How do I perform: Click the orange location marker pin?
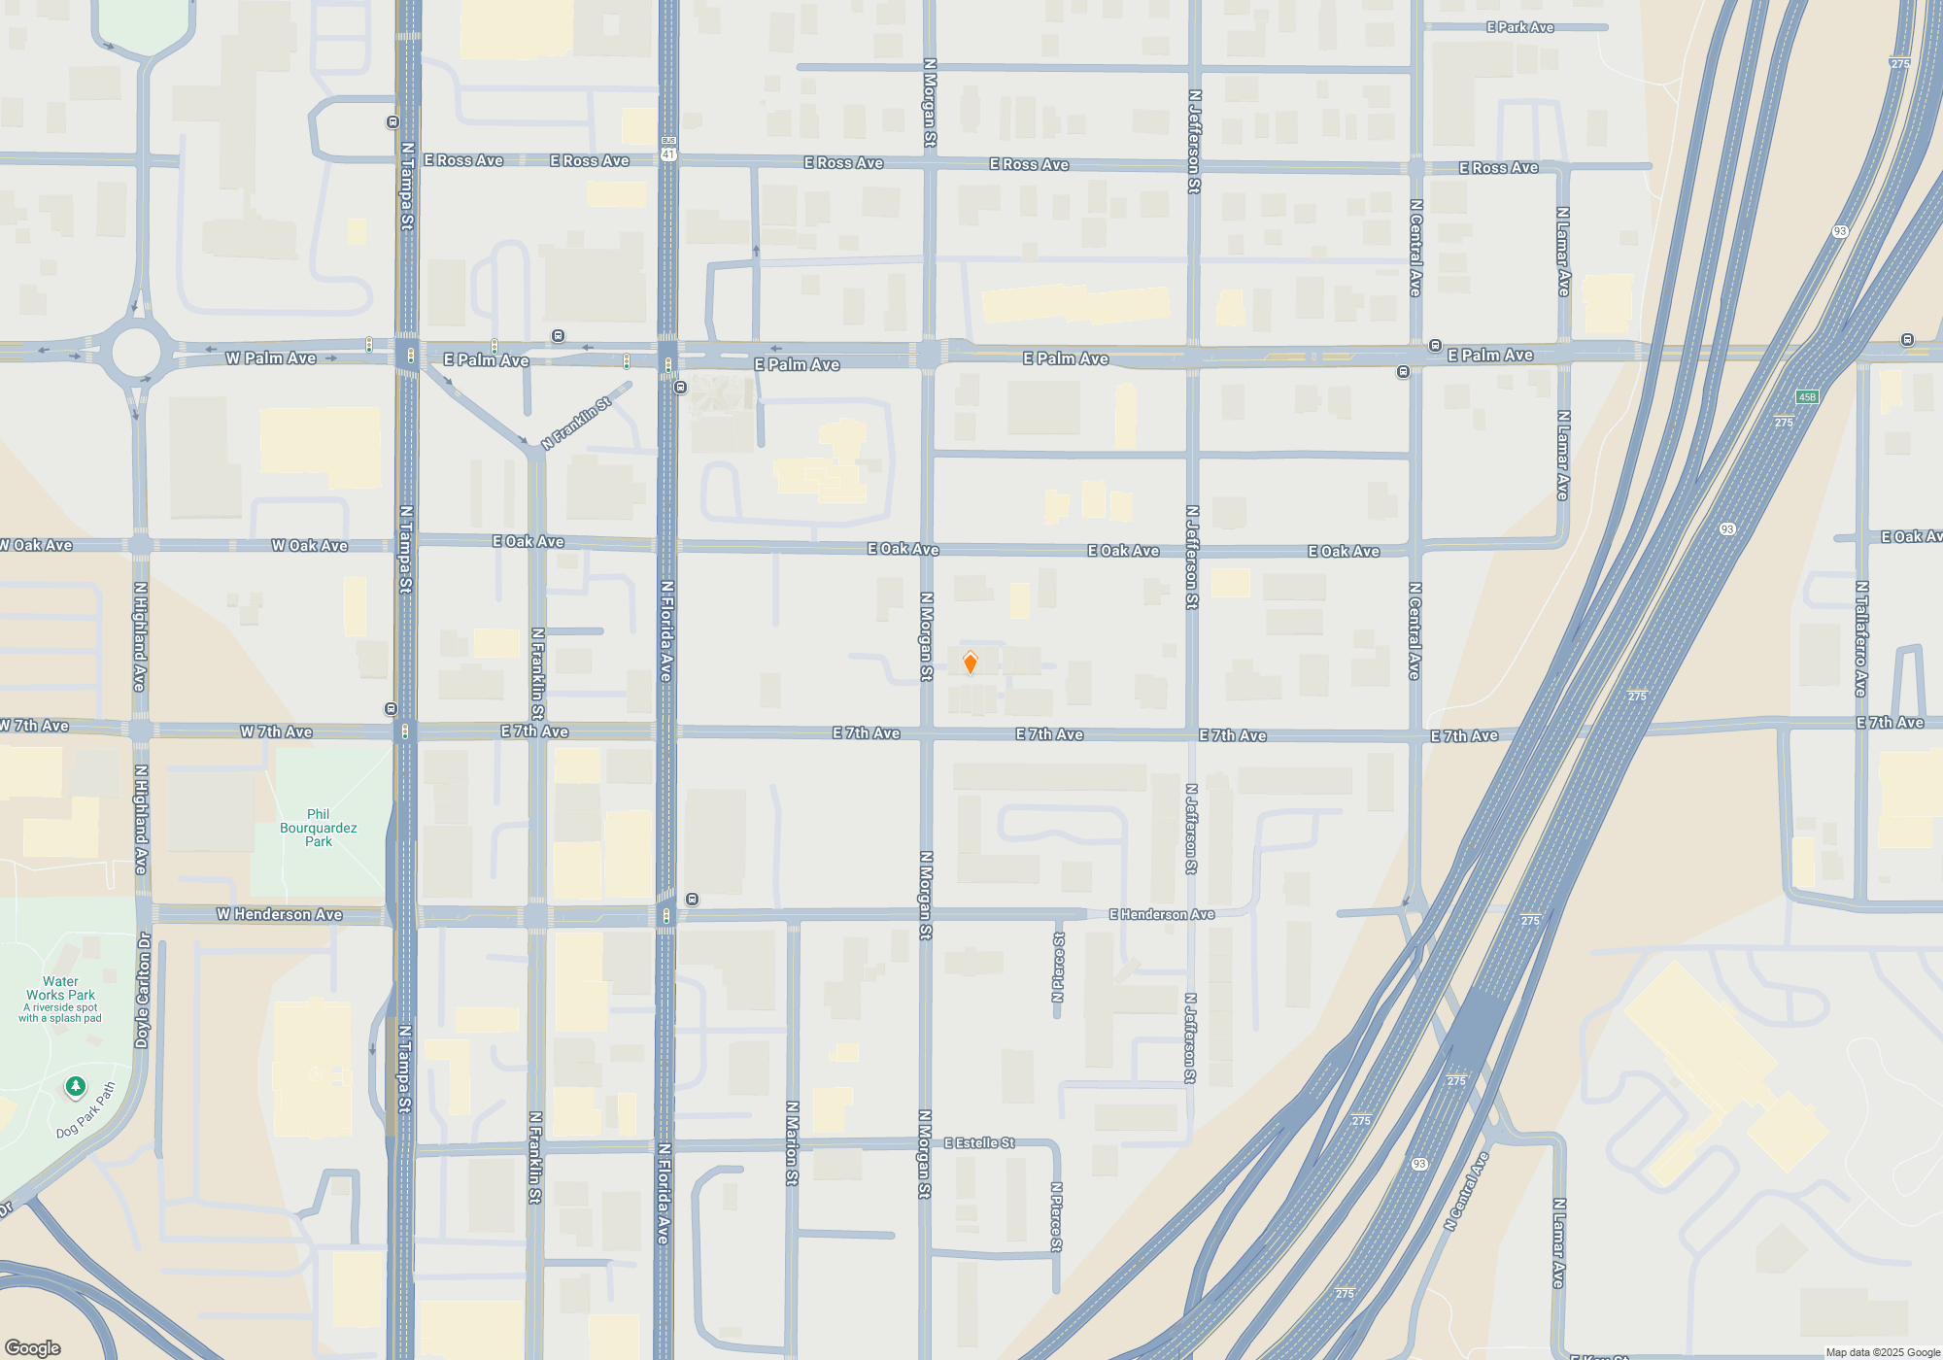[970, 663]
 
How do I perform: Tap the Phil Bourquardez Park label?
[318, 828]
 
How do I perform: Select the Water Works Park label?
[60, 988]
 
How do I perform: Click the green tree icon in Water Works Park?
[75, 1085]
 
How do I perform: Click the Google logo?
[32, 1347]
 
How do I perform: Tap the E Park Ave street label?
[1519, 27]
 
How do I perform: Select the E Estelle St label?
[979, 1142]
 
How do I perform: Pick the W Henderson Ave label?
[279, 914]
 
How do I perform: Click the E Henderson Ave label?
[1162, 914]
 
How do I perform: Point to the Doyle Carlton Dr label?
[144, 990]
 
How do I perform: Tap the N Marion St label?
[792, 1143]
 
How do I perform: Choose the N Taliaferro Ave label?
[1860, 638]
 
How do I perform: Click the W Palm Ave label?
[270, 358]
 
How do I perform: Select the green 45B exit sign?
[1806, 396]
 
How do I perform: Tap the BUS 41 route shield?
[668, 149]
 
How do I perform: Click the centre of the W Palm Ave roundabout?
[135, 353]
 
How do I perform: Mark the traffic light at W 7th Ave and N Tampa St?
[405, 731]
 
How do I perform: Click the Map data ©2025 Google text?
[1883, 1352]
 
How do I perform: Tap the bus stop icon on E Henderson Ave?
[692, 899]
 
